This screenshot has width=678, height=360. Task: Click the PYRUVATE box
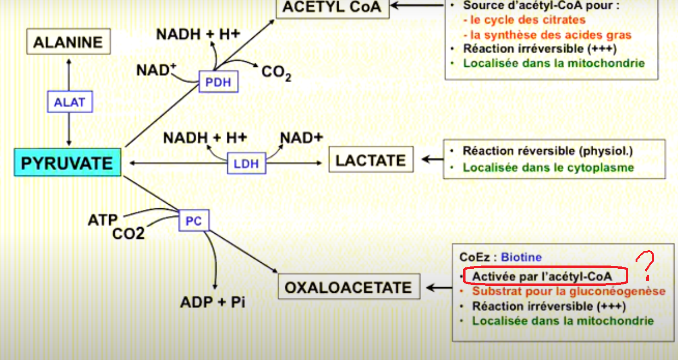coord(67,163)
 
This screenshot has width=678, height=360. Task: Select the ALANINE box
coord(68,42)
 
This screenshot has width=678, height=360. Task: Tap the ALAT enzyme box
coord(70,102)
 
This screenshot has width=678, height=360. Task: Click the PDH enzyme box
coord(218,83)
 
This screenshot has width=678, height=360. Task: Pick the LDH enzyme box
coord(247,163)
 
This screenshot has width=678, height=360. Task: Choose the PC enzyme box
coord(194,221)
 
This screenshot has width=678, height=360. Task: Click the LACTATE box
coord(371,160)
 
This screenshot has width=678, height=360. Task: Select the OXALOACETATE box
coord(348,287)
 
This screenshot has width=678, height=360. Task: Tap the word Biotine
coord(521,257)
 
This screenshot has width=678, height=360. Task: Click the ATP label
coord(103,220)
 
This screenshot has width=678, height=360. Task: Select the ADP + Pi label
coord(212,302)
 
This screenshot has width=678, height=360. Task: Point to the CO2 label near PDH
coord(276,73)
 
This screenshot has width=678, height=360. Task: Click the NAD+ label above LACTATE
coord(302,138)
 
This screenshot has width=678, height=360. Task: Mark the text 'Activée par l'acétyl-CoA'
coord(542,276)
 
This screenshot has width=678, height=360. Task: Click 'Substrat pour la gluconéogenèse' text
coord(569,291)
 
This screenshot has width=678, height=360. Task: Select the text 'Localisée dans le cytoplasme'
coord(548,167)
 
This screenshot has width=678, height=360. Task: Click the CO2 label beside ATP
coord(129,233)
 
